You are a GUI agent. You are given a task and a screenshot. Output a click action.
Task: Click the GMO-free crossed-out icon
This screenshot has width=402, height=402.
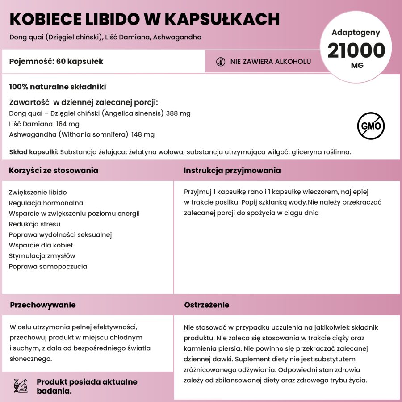pos(371,126)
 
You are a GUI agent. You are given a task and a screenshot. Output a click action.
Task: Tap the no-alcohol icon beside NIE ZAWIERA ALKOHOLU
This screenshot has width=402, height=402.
pos(221,62)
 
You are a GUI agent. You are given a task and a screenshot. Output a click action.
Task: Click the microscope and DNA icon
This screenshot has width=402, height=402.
pos(21,386)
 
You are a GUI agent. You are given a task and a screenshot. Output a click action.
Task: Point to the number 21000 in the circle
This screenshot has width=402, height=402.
pos(356,50)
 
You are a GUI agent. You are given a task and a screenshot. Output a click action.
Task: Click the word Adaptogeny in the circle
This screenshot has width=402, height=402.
pos(356,32)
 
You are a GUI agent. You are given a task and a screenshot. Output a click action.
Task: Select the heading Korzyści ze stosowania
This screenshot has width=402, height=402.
pos(54,171)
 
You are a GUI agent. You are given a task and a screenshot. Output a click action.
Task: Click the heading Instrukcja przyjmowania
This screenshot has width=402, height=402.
pos(232,171)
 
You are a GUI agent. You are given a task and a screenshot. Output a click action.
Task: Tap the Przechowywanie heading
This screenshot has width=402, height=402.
pos(43,305)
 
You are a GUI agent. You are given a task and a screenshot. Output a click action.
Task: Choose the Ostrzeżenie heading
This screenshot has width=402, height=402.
pos(207,305)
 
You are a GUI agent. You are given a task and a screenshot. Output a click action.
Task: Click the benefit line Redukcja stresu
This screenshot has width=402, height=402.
pos(34,224)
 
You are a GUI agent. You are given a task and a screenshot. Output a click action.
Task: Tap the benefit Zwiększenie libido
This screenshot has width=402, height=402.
pos(38,193)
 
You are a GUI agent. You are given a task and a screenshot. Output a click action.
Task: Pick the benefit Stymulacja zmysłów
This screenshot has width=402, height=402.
pos(42,256)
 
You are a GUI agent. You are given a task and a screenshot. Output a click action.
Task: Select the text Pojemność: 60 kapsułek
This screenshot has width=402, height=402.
pos(56,62)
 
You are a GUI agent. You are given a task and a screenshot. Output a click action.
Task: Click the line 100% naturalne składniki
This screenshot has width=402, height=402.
pos(58,87)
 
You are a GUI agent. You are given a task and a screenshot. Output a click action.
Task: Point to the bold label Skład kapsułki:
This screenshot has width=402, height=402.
pos(33,152)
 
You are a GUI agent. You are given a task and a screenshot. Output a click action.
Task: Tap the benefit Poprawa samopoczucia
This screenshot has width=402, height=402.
pos(48,267)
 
